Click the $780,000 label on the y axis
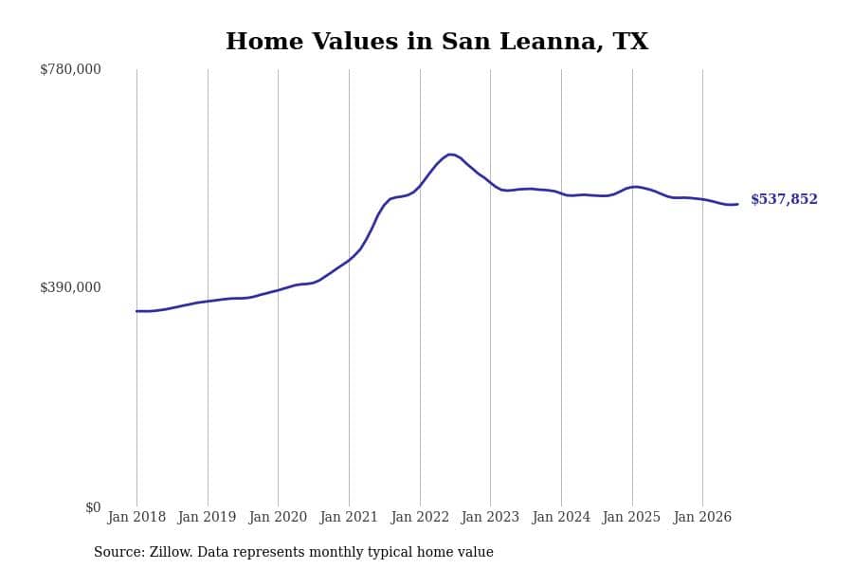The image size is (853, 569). (70, 69)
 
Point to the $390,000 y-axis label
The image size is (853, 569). (70, 287)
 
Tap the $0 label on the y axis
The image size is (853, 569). (93, 507)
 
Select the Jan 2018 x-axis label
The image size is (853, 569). (136, 517)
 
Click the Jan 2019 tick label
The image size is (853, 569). (207, 517)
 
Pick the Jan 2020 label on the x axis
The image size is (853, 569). (278, 517)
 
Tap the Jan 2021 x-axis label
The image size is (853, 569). (349, 517)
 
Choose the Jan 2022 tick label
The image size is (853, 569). (420, 517)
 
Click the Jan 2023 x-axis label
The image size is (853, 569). (490, 517)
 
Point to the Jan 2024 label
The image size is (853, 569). (561, 517)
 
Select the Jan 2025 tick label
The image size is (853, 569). (631, 517)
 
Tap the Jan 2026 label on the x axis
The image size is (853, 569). (702, 517)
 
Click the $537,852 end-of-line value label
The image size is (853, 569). (784, 199)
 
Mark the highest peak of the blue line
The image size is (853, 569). (450, 155)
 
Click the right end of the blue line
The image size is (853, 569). (737, 204)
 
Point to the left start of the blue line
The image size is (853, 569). (136, 311)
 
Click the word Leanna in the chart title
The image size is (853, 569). (550, 42)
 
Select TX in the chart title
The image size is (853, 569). (630, 42)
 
